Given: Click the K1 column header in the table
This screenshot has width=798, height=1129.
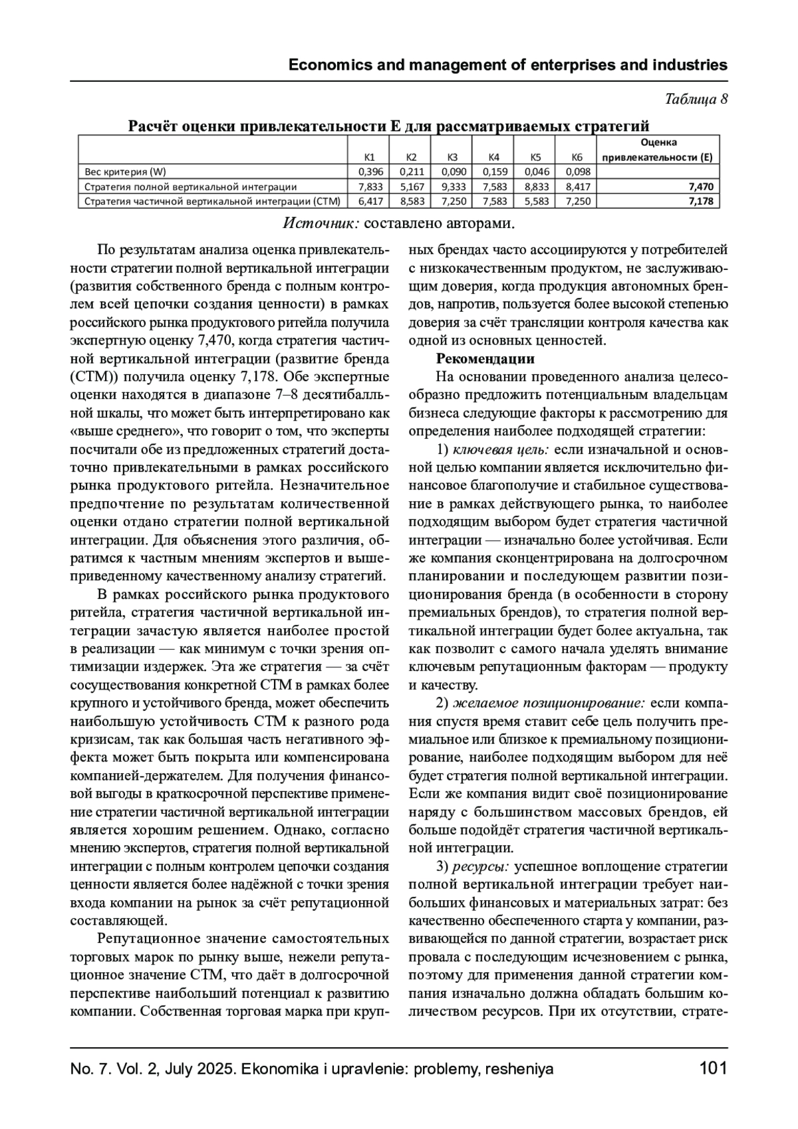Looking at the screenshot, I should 370,158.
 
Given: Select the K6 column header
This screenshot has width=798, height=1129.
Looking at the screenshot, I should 577,158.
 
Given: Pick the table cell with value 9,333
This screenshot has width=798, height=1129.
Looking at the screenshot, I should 453,187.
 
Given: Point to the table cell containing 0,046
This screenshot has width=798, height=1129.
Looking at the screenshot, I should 536,172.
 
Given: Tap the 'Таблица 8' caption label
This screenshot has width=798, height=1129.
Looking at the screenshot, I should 696,100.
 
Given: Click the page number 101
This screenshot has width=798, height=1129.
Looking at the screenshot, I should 713,1069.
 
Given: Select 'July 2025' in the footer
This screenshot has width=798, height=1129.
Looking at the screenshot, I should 199,1070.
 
